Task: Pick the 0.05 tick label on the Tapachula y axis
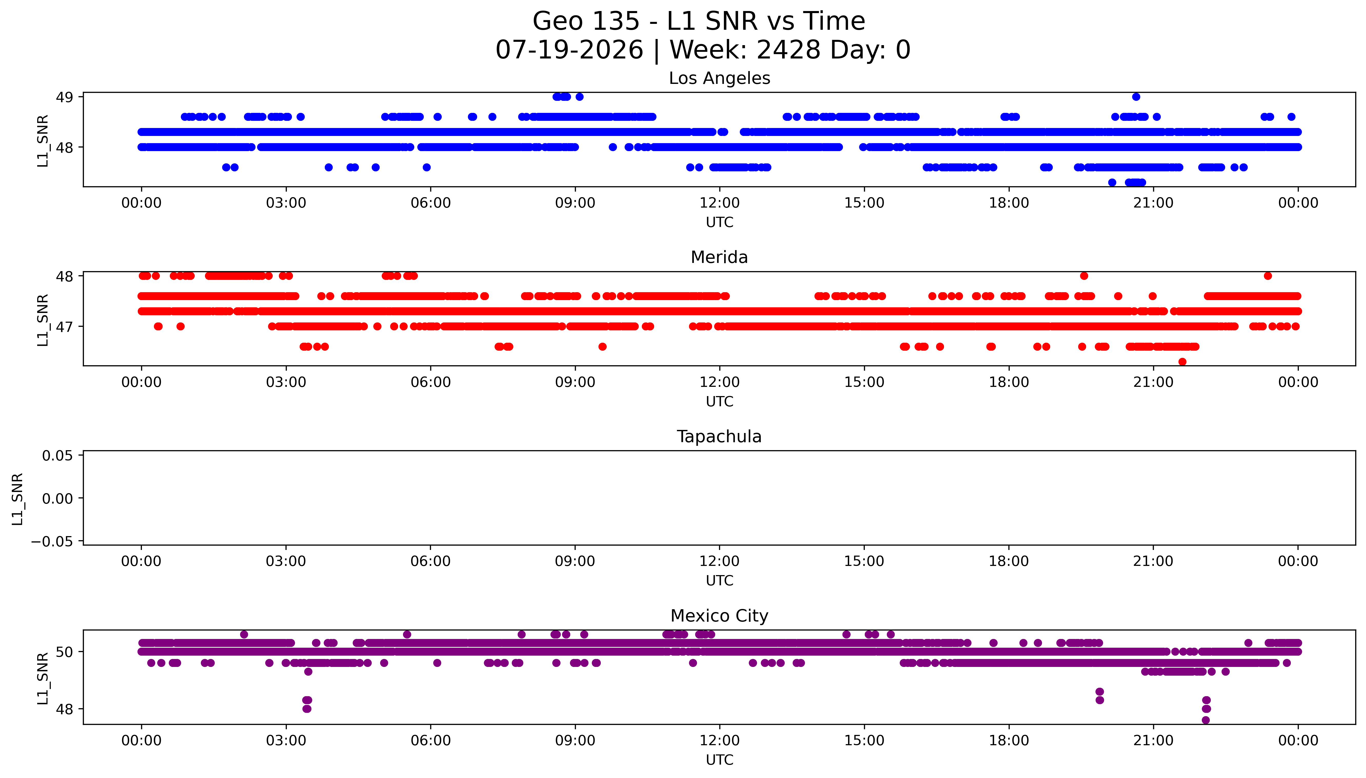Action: (x=58, y=456)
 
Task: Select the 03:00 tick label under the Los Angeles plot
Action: (x=286, y=203)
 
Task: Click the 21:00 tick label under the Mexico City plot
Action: (x=1153, y=741)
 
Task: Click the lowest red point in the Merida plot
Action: (x=1182, y=362)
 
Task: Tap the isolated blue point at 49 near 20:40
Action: (x=1136, y=97)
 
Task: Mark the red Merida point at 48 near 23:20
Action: (x=1268, y=276)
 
